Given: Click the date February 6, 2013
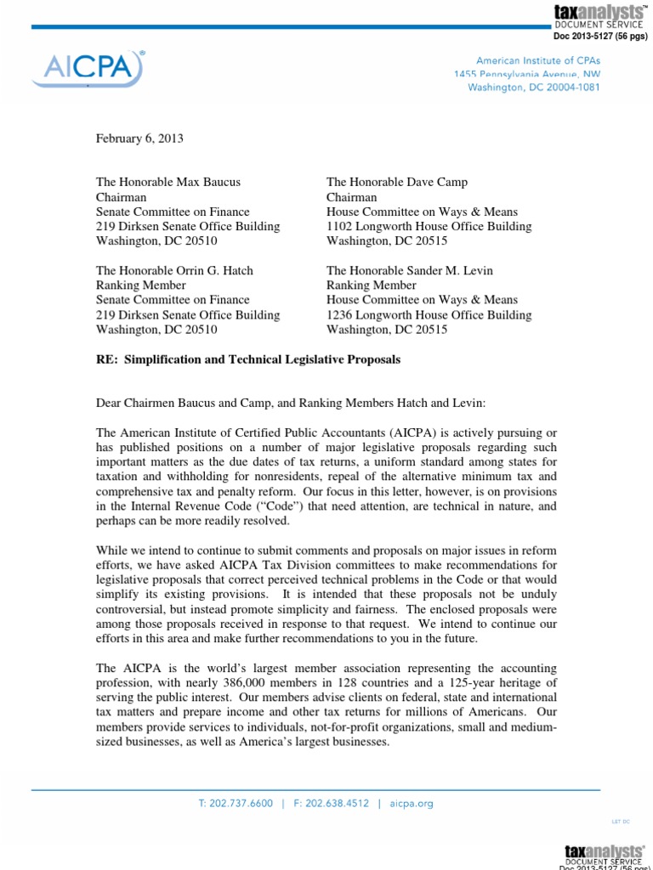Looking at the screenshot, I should (139, 138).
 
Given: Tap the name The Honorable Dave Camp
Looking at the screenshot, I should (397, 182).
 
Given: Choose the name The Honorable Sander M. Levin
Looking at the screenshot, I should (410, 270).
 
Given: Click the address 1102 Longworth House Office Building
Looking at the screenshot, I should (429, 226).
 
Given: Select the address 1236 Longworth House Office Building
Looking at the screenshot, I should (429, 314).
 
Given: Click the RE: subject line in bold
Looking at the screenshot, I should (247, 359).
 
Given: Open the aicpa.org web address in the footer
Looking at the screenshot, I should (412, 802).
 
